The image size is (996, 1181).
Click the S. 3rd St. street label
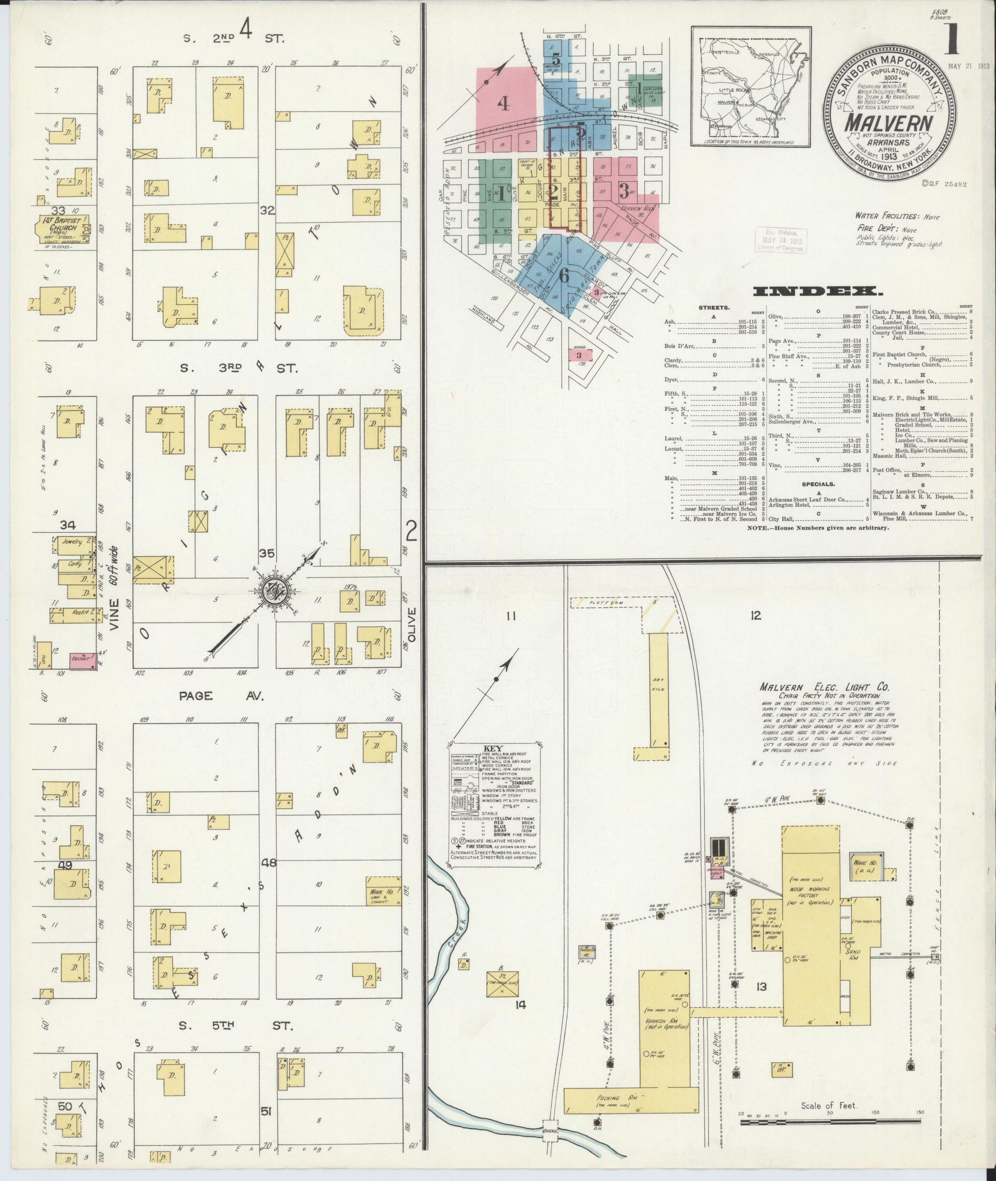point(237,368)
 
